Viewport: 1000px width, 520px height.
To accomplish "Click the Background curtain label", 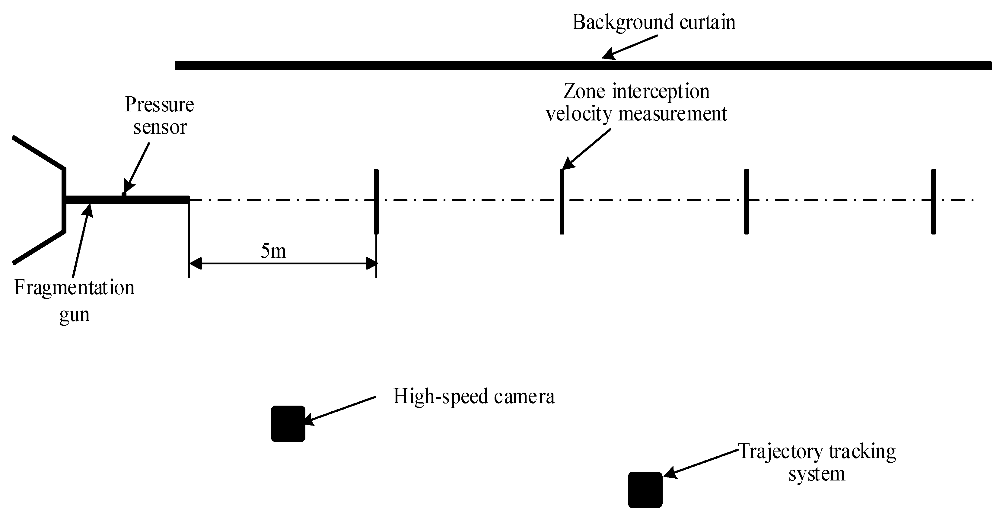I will (654, 22).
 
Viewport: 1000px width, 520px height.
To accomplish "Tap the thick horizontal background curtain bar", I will (582, 65).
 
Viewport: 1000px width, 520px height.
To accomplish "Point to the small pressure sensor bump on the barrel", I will (124, 194).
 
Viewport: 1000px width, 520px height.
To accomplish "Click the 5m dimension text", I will (273, 250).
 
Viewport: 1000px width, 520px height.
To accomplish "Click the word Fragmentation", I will (74, 288).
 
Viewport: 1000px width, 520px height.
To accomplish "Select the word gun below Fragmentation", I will (74, 314).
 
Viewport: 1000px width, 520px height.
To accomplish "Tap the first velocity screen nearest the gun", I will (376, 202).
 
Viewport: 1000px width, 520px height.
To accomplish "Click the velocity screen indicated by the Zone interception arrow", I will (562, 202).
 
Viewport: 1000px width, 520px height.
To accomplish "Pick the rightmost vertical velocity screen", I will (933, 202).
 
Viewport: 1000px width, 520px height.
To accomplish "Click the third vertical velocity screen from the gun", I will (746, 202).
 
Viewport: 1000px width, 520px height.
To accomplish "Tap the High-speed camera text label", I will (474, 397).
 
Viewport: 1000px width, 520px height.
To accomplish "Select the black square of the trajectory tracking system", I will (645, 490).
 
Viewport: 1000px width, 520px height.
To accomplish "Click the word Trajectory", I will (780, 452).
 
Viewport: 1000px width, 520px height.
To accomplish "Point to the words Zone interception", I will (636, 92).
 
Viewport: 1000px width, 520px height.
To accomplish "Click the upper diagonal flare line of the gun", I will (38, 153).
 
